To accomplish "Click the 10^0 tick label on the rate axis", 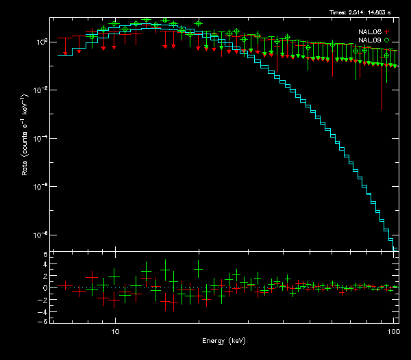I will (x=40, y=42).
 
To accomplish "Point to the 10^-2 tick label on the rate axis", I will (x=40, y=90).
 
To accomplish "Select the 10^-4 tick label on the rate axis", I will (x=40, y=138).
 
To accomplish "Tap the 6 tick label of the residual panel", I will (x=45, y=255).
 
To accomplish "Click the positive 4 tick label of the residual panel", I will (x=45, y=266).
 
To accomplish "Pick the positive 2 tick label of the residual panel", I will (x=45, y=277).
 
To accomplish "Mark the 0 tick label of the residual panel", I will (x=45, y=288).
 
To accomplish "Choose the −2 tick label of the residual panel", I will (x=43, y=299).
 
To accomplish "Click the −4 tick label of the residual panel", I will (x=43, y=310).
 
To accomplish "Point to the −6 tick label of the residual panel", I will (x=43, y=321).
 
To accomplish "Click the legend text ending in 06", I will (x=369, y=31).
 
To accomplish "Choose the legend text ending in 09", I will (x=369, y=40).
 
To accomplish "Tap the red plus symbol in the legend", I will (x=387, y=31).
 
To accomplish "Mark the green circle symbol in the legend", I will (x=387, y=40).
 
